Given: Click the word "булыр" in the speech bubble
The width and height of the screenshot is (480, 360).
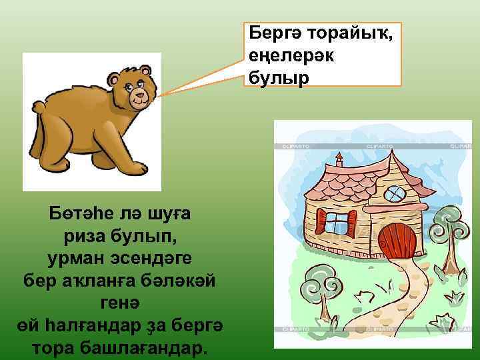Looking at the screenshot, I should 279,78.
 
